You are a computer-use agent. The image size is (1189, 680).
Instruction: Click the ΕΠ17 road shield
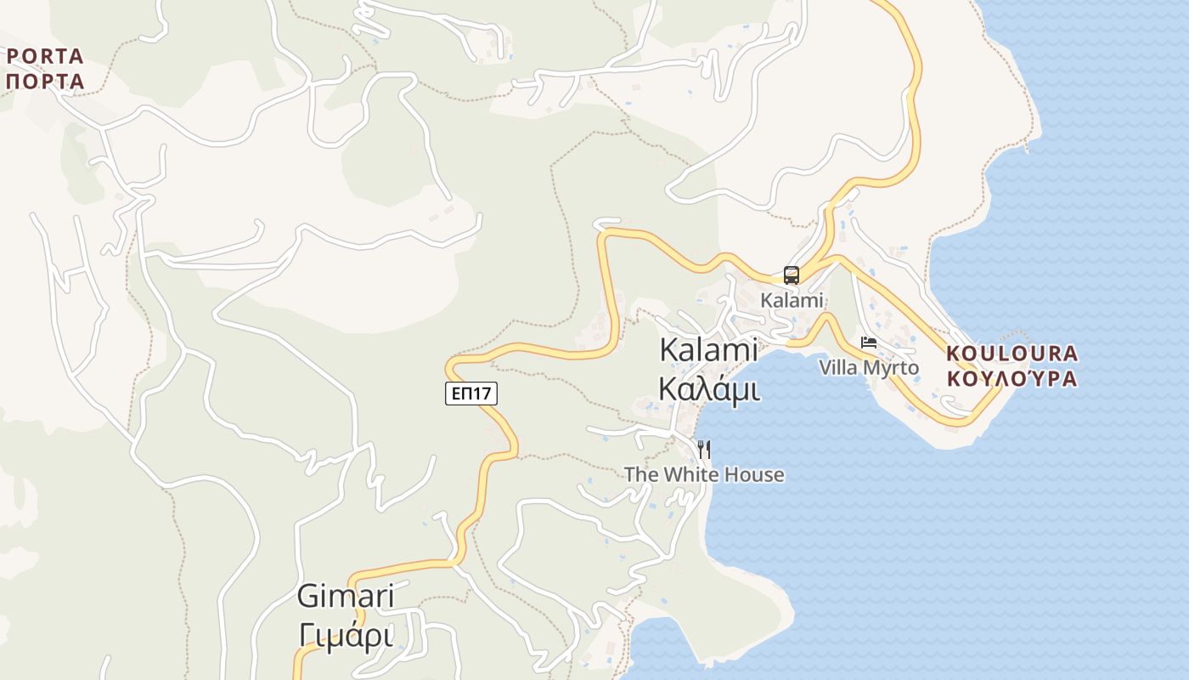[471, 393]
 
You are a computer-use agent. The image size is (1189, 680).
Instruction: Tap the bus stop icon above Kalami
[792, 275]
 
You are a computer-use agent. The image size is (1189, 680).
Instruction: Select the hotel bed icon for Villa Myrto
[869, 343]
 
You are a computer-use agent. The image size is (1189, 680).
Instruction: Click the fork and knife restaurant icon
[703, 449]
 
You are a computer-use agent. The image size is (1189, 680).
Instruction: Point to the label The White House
[704, 474]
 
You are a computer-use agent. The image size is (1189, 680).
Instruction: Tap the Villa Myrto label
[869, 368]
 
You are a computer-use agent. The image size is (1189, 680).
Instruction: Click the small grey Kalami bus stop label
[792, 300]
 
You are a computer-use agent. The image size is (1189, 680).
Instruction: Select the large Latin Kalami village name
[709, 350]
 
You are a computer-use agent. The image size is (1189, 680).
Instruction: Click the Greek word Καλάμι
[709, 389]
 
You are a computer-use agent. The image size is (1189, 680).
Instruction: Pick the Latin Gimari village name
[346, 597]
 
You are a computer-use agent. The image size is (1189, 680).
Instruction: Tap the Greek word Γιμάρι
[346, 635]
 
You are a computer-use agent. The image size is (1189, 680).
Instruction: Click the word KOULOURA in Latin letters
[1011, 353]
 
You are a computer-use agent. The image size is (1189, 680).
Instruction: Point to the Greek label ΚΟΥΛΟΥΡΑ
[1011, 378]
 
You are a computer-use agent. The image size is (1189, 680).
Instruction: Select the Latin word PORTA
[46, 57]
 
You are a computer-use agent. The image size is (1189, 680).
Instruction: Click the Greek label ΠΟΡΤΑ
[46, 82]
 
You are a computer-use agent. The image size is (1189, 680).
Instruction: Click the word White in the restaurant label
[686, 474]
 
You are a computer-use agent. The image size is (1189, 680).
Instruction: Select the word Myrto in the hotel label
[891, 368]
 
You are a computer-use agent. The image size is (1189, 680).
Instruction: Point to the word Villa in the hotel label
[839, 368]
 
